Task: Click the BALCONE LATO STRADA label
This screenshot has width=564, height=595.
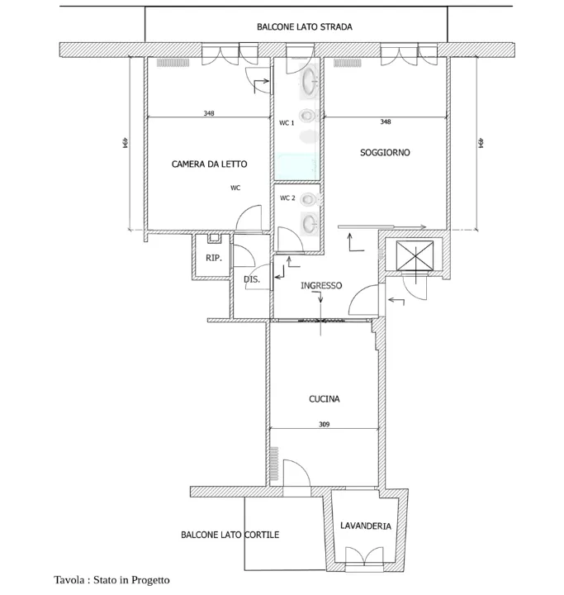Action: point(305,27)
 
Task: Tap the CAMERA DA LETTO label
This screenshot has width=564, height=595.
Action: point(210,164)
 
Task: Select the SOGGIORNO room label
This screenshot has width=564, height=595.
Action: point(385,153)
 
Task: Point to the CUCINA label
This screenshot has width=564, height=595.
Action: point(325,399)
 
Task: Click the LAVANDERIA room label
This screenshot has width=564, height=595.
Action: point(366,526)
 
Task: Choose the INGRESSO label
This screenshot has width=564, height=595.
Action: point(321,285)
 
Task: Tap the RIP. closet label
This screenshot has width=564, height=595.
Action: point(214,258)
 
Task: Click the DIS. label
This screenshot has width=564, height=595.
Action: point(252,279)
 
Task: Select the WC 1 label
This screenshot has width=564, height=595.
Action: point(287,123)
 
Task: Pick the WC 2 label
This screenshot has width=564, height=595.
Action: point(287,198)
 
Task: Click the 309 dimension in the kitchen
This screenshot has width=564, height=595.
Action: point(325,424)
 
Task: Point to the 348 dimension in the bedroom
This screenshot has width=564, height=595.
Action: point(209,113)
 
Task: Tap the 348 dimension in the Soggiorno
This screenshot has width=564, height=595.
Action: point(386,121)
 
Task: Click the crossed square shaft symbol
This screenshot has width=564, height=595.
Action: point(415,255)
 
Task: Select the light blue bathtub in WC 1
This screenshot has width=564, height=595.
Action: point(296,166)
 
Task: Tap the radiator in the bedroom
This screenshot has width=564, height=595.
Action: point(173,63)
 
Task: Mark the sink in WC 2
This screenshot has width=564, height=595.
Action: point(310,223)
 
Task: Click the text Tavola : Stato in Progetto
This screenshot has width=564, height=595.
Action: point(111,580)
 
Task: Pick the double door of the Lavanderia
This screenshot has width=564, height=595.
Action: point(364,559)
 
